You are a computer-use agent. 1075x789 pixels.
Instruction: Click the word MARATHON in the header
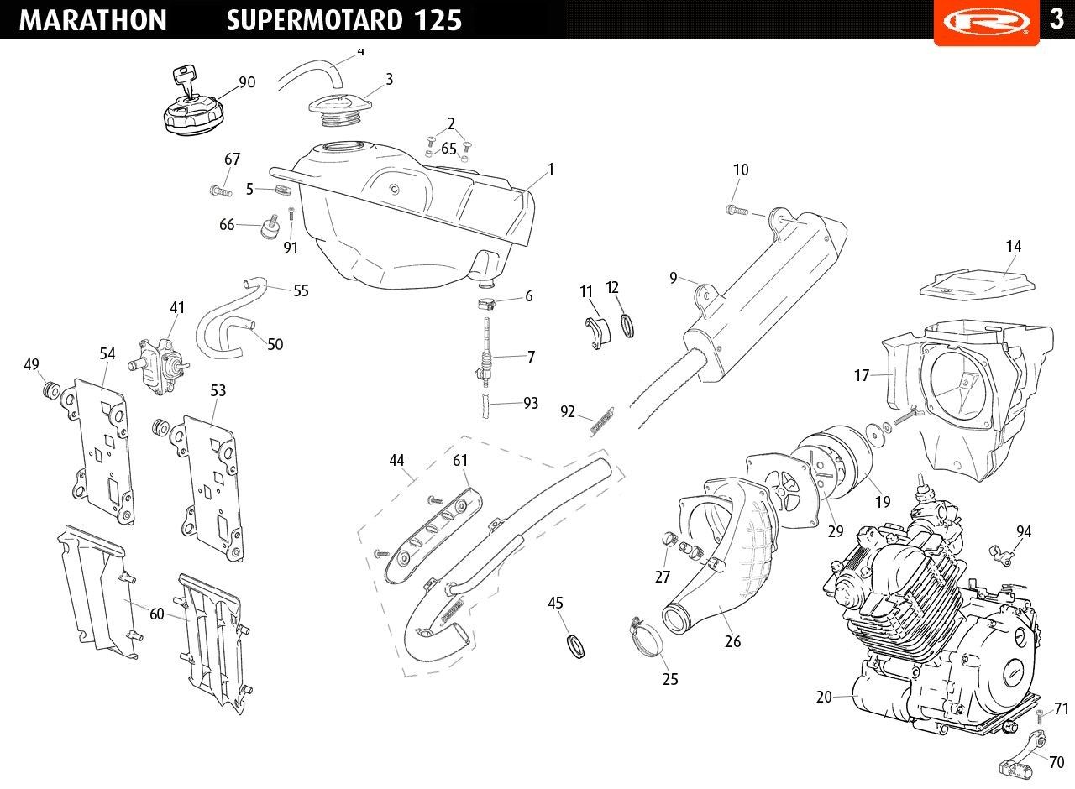pos(92,20)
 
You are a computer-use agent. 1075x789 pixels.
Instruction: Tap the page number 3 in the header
pos(1057,18)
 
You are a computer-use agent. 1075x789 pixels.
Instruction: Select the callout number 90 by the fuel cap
pos(247,82)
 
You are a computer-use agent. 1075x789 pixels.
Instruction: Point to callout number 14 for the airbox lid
pos(1014,246)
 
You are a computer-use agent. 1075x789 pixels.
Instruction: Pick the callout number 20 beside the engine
pos(824,697)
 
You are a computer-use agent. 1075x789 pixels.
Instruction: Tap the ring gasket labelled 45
pos(574,646)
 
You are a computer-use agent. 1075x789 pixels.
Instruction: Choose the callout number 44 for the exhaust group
pos(396,460)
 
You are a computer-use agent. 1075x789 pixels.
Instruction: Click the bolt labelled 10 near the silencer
pos(737,209)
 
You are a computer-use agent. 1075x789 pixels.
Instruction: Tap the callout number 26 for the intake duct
pos(732,641)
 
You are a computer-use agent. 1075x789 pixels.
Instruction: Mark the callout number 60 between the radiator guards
pos(157,614)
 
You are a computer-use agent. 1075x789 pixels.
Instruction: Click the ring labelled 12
pos(627,325)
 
